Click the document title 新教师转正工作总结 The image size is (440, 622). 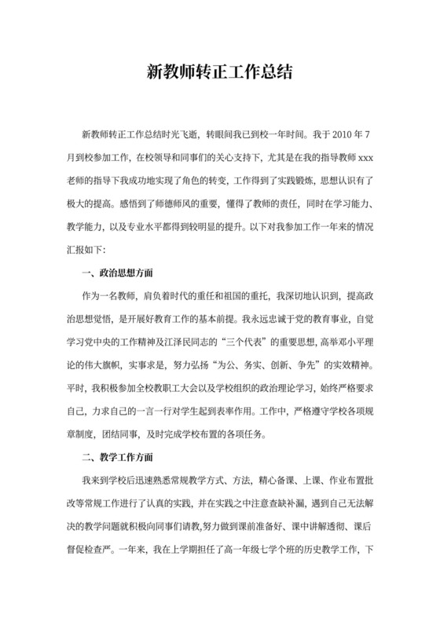pyautogui.click(x=220, y=73)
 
